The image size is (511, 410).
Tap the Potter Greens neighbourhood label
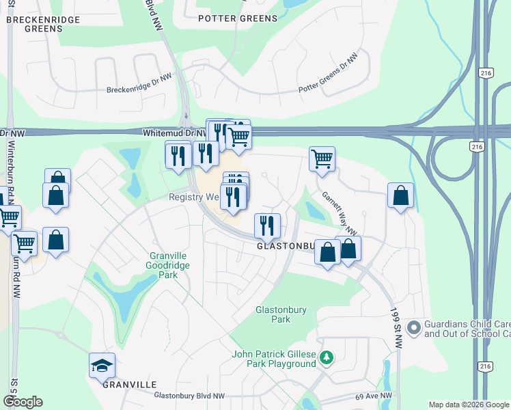click(x=238, y=19)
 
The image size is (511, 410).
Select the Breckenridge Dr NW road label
click(x=139, y=84)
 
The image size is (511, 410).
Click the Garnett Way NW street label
click(x=340, y=212)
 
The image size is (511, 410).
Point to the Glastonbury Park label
click(x=281, y=314)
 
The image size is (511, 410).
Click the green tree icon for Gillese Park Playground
click(x=327, y=357)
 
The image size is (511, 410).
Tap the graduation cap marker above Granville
click(x=102, y=366)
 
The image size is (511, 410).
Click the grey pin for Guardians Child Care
click(x=413, y=329)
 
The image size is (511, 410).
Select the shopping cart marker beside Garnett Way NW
click(x=322, y=159)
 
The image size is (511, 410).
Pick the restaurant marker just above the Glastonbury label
click(x=267, y=225)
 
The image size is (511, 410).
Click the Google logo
click(x=23, y=402)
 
